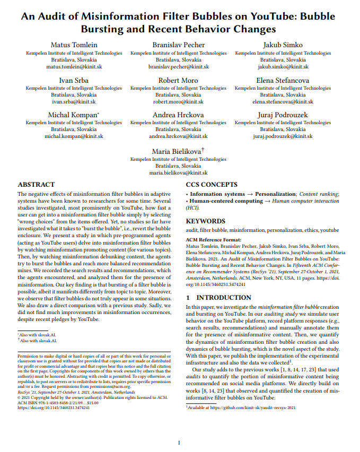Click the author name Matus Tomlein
[x=74, y=45]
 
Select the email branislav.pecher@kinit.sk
[x=178, y=67]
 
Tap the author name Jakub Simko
[x=283, y=45]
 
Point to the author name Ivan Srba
[x=74, y=80]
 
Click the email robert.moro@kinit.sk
[x=178, y=102]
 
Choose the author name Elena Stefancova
[x=283, y=80]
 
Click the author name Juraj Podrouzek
[x=283, y=115]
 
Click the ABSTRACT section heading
[x=36, y=185]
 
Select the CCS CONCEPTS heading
[x=212, y=185]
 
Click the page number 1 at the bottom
[x=179, y=442]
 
